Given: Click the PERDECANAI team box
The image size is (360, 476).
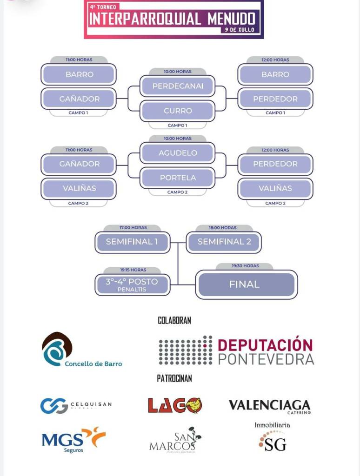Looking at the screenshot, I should [x=177, y=86].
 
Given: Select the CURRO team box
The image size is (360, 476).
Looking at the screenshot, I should [x=177, y=111].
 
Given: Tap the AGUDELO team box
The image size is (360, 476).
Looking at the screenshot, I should [x=177, y=153].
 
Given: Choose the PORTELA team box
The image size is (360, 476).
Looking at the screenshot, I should [x=177, y=178].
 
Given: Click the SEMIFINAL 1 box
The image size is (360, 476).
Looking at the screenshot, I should [x=132, y=242].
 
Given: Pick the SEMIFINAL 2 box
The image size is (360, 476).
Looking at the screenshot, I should [x=224, y=242].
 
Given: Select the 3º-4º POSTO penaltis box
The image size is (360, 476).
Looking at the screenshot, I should [x=132, y=284].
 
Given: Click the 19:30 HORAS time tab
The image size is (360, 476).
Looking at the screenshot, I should [x=245, y=266].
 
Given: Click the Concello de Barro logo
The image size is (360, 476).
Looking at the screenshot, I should [x=82, y=350].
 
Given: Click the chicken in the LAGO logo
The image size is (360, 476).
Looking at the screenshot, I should [x=193, y=405].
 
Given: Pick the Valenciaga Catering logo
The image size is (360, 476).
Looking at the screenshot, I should [x=269, y=406].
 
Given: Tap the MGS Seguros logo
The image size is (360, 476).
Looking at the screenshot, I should [x=73, y=439].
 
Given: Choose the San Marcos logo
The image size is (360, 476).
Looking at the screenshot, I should [x=175, y=441].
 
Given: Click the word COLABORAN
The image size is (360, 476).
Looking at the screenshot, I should [x=174, y=320].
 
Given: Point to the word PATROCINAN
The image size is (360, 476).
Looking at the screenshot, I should [x=174, y=378].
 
